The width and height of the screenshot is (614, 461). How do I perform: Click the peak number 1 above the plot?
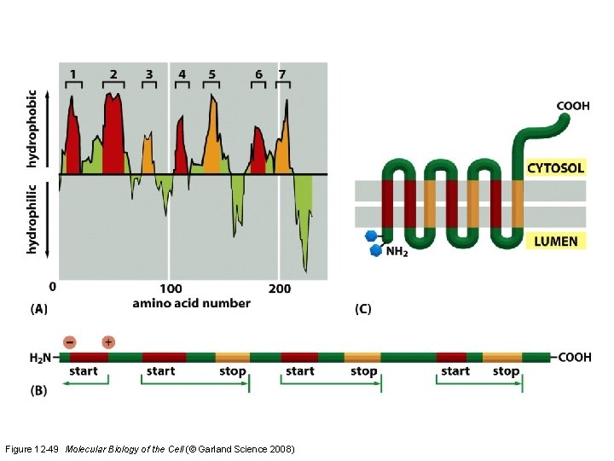pos(72,74)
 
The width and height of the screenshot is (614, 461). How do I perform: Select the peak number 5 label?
pos(211,74)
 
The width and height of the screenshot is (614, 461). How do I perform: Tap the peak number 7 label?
pos(282,74)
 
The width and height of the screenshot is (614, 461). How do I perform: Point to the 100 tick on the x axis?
pos(171,289)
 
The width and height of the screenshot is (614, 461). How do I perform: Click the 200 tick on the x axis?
pos(279,289)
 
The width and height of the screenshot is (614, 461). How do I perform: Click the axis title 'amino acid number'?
pos(192,303)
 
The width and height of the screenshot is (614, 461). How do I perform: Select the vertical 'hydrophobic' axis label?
pos(32,129)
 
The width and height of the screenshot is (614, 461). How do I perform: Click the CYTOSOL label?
pos(555,168)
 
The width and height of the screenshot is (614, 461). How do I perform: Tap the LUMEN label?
pos(555,242)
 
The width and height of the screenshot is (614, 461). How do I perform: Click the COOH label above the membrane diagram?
pos(572,107)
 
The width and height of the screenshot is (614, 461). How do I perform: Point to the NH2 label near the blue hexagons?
pos(396,252)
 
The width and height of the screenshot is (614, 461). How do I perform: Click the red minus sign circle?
pos(70,341)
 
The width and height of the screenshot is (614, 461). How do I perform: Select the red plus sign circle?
pos(108,341)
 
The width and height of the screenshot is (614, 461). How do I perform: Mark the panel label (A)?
pos(39,310)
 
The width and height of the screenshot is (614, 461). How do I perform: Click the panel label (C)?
pos(363,309)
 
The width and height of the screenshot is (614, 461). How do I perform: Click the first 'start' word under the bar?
pos(84,371)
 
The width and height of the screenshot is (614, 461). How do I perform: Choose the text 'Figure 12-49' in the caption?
pos(32,448)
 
